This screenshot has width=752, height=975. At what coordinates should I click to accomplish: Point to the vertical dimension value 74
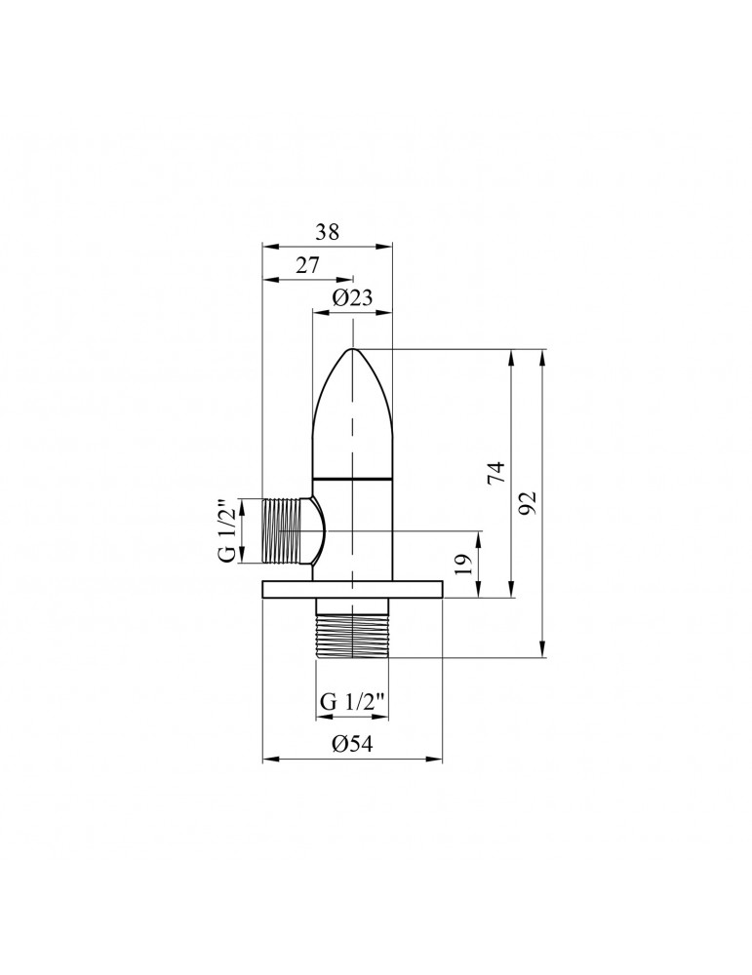495,473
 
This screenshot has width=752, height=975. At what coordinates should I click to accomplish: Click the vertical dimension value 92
528,503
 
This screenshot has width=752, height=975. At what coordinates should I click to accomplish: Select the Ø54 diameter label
351,744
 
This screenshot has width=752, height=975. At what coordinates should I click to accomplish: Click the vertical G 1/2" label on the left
226,531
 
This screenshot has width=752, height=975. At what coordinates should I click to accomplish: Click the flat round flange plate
352,588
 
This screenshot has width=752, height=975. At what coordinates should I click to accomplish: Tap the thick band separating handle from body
351,479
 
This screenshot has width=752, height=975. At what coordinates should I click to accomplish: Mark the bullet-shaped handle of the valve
351,419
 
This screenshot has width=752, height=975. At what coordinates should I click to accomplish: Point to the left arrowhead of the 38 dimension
268,245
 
